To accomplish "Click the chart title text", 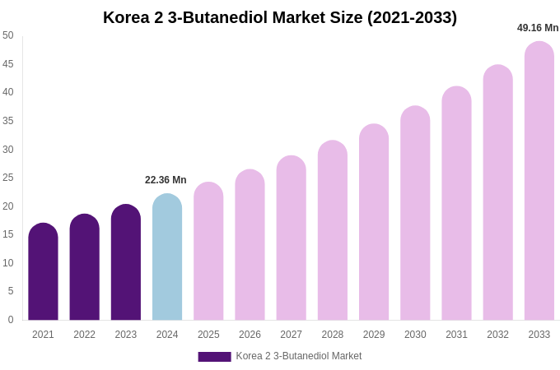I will coord(280,17).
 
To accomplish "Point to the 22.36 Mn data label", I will coord(166,180).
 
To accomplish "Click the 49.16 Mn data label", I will coord(538,28).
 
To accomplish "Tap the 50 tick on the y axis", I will coord(8,35).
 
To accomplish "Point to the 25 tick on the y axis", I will coord(8,178).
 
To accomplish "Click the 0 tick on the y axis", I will coord(11,320).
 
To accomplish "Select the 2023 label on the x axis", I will coord(126,335).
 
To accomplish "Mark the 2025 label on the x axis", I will coord(208,335).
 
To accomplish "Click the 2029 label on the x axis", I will coord(374,335).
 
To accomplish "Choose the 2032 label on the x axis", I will coord(497,335).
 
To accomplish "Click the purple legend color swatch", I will coord(214,357).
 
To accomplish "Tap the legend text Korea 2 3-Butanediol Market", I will coord(299,356).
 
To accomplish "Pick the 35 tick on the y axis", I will coord(8,121).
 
